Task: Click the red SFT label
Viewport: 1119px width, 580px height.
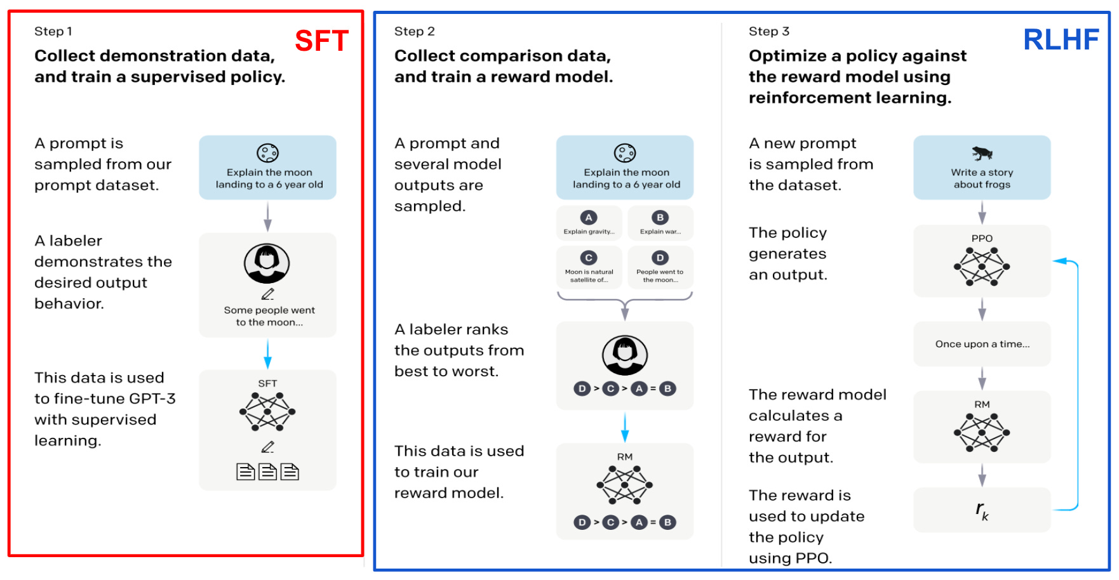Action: tap(321, 41)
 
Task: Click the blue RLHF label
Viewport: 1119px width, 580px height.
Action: tap(1061, 40)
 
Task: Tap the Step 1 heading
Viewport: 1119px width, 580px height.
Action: tap(53, 31)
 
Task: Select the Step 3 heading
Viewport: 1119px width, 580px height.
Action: tap(768, 31)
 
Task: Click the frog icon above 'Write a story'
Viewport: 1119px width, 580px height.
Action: tap(982, 153)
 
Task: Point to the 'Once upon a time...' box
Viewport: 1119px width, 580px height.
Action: tap(982, 344)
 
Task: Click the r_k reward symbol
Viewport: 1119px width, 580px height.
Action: tap(982, 510)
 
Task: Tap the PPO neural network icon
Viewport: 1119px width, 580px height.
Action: tap(982, 267)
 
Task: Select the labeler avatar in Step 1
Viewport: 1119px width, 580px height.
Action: tap(267, 263)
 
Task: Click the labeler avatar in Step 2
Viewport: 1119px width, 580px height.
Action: tap(625, 355)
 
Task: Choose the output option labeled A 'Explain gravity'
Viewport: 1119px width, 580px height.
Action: tap(589, 223)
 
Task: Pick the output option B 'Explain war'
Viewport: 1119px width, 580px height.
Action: tap(660, 223)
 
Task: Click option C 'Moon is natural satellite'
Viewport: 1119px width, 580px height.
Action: tap(589, 267)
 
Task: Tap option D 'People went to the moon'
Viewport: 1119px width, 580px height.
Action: tap(660, 267)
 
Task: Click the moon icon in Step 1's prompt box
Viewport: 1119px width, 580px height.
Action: tap(267, 153)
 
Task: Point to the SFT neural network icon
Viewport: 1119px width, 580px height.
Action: tap(267, 411)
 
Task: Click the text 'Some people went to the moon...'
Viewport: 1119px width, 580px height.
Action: tap(269, 316)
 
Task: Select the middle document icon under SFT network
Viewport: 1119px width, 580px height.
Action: tap(267, 471)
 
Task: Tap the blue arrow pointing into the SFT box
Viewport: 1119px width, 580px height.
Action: tap(267, 353)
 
